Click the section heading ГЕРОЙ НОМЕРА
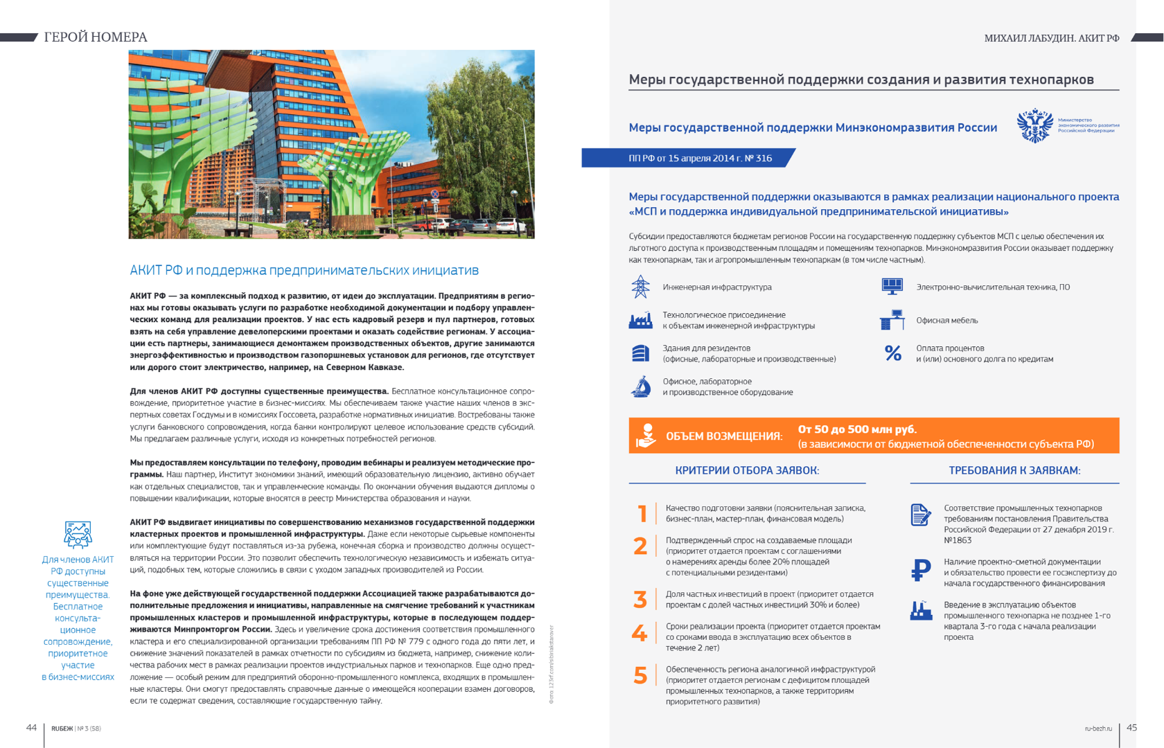(96, 37)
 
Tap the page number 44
(31, 727)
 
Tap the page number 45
(1131, 727)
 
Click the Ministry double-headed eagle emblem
(1034, 125)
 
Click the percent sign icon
(893, 353)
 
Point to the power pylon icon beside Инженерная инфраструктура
(640, 287)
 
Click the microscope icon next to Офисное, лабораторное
(641, 386)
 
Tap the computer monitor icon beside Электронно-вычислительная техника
(892, 286)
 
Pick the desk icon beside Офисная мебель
(892, 320)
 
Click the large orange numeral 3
(640, 599)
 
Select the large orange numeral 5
(640, 675)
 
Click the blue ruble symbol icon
(921, 570)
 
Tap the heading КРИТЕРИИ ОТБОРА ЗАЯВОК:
(747, 470)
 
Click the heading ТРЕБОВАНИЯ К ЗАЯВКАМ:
(1014, 470)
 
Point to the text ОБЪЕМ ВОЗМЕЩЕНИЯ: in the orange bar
(724, 436)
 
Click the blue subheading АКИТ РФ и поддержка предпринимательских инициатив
(304, 270)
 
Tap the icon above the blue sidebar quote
(78, 535)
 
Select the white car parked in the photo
(511, 225)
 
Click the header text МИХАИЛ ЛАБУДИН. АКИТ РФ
(1051, 38)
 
